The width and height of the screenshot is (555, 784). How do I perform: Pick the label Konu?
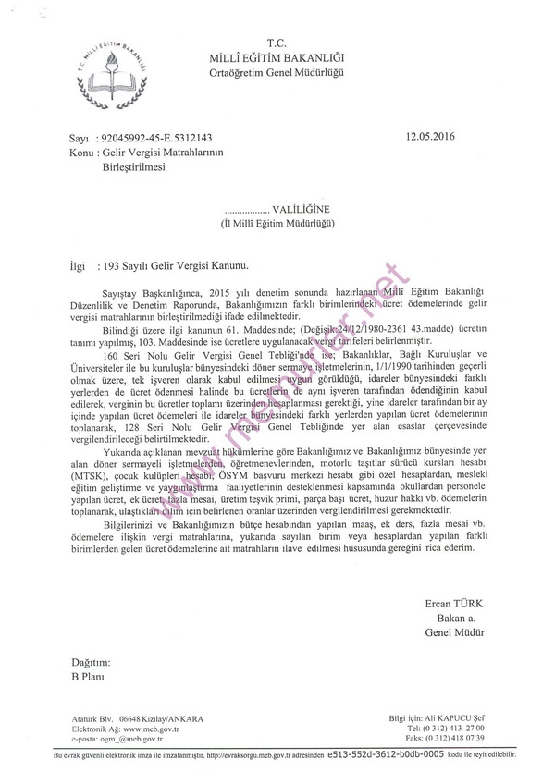click(x=69, y=152)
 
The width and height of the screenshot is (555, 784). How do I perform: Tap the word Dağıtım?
click(x=91, y=663)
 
